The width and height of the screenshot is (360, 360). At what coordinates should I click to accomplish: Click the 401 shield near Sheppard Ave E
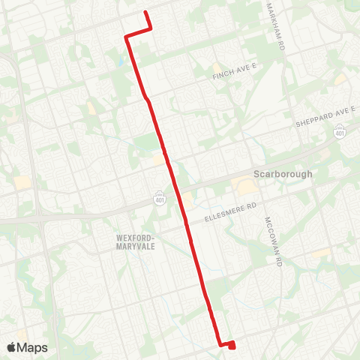[340, 132]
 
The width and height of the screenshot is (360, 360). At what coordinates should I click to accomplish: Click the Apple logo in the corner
[11, 347]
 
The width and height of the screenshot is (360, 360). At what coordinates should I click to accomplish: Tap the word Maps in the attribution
[33, 347]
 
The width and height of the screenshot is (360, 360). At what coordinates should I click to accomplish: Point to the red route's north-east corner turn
[151, 29]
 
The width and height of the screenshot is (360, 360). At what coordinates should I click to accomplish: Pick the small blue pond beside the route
[121, 60]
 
